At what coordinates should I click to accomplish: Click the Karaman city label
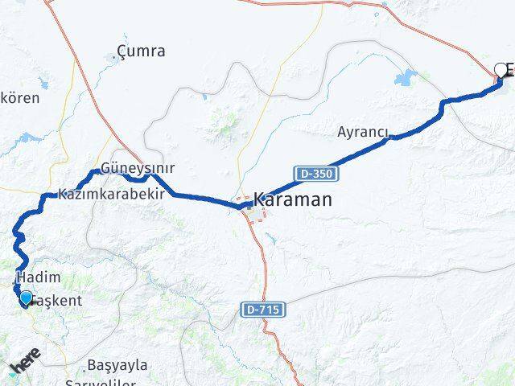point(292,199)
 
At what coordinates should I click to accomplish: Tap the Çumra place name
point(141,51)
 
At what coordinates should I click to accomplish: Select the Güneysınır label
point(138,169)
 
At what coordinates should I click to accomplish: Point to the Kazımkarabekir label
point(111,194)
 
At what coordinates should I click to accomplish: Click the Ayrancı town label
point(363,132)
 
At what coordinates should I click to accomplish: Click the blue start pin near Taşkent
point(27,298)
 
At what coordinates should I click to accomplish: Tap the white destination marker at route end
point(501,70)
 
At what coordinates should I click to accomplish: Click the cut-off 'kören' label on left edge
point(19,97)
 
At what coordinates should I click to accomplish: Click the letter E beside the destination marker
point(510,69)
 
